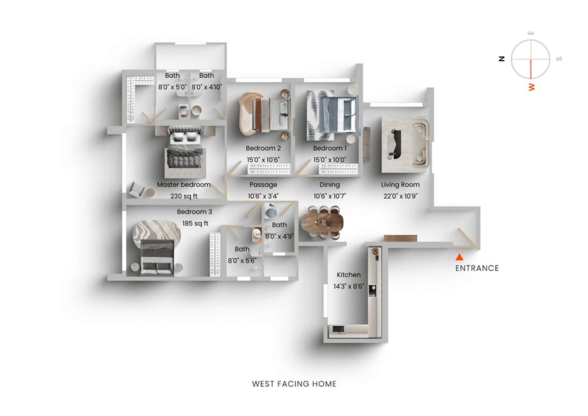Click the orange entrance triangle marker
pos(459,257)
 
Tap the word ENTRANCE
pos(477,268)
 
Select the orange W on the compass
pos(532,87)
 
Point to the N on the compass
pos(502,59)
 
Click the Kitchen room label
pos(349,274)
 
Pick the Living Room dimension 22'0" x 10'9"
pos(400,196)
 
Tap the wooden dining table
pos(322,222)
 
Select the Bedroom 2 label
pos(263,148)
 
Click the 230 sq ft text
pos(184,196)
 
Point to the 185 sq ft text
pos(195,223)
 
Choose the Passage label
pos(263,185)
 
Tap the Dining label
pos(330,185)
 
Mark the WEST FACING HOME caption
pos(294,384)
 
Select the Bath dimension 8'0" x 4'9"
pos(279,236)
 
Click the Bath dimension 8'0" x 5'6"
pos(242,260)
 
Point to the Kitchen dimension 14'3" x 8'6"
pos(349,286)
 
